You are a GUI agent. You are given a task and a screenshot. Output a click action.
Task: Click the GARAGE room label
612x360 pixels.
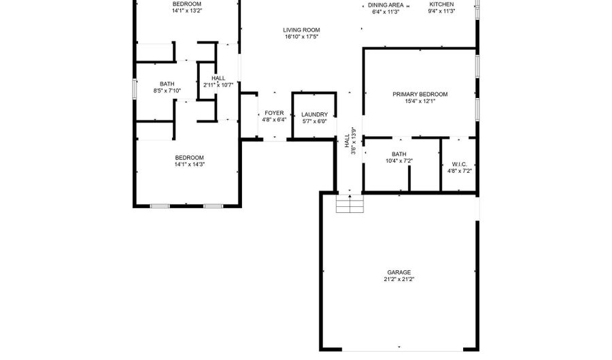point(399,272)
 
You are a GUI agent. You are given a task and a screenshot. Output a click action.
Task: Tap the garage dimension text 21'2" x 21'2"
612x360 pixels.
point(399,279)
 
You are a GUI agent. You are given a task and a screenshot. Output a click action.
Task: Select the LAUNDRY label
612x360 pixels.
point(315,114)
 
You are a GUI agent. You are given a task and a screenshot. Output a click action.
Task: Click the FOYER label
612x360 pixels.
point(274,113)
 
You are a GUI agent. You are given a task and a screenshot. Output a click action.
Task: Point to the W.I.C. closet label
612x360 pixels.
point(460,165)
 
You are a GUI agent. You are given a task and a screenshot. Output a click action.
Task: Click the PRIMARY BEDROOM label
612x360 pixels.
point(420,94)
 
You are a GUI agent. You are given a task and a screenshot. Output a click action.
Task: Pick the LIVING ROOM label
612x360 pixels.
point(301,30)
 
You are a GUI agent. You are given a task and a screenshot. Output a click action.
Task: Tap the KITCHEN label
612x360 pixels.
point(441,4)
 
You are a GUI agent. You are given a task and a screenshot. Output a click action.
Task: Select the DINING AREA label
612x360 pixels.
point(386,5)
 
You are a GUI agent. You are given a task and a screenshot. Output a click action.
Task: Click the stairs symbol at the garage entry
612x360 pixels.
point(350,203)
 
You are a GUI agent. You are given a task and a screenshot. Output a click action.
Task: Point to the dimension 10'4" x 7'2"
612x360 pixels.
point(399,161)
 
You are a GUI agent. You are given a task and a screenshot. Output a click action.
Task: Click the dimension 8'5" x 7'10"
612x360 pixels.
point(167,91)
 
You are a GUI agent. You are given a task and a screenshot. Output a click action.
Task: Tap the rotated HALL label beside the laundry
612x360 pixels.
point(347,141)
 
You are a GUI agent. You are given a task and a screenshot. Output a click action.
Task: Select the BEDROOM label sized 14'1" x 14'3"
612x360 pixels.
point(189,157)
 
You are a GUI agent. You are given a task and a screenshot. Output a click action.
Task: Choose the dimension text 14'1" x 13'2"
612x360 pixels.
point(187,11)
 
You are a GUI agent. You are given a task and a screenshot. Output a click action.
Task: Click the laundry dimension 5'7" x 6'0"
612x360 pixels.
point(315,121)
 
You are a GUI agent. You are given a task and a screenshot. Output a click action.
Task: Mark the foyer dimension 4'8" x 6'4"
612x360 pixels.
point(274,120)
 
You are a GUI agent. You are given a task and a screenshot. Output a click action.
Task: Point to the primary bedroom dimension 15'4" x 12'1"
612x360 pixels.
point(420,101)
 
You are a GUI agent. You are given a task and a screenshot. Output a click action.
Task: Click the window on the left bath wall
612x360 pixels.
point(135,88)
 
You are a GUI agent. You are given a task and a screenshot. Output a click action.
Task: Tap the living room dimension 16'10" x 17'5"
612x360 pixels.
point(301,37)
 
